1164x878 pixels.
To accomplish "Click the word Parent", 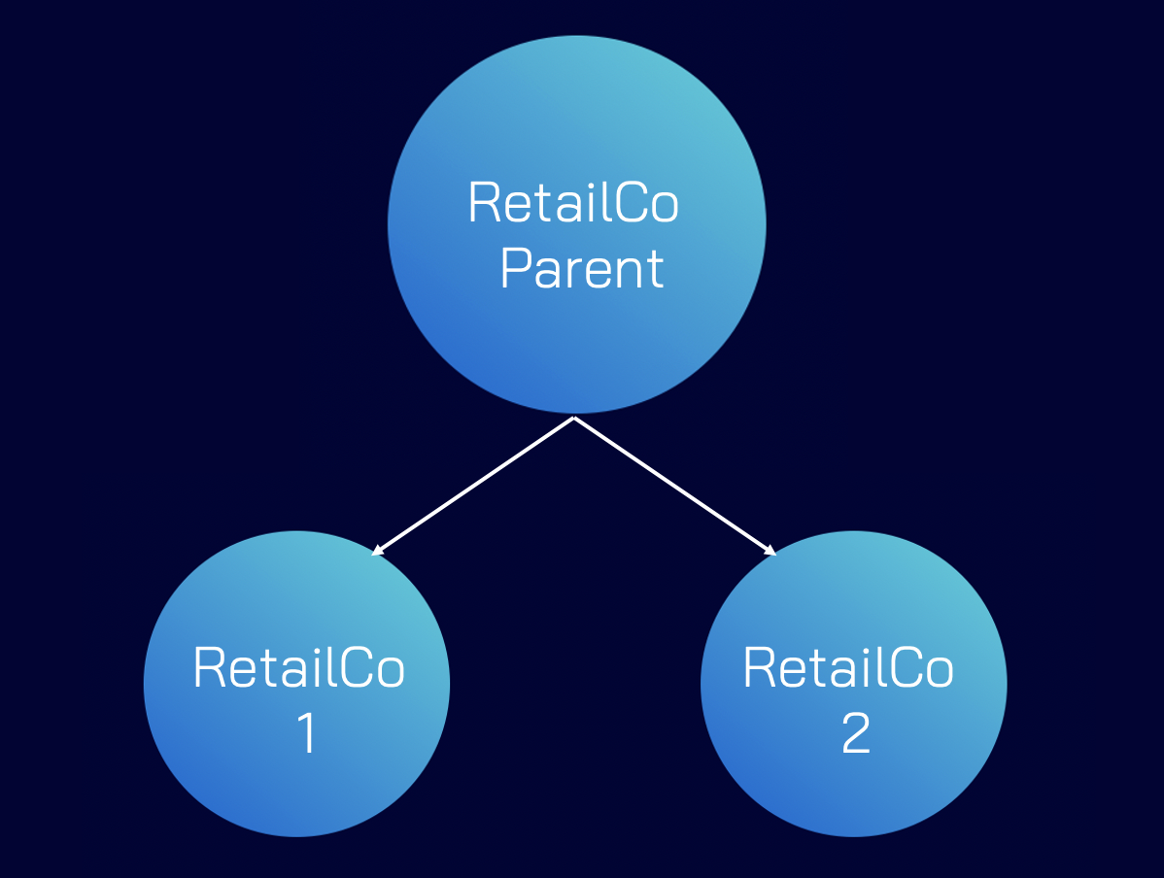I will tap(581, 269).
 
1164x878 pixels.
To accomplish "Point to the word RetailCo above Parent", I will tap(572, 203).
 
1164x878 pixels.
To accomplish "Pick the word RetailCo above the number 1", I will tap(298, 668).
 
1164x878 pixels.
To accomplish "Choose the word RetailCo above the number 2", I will tap(847, 668).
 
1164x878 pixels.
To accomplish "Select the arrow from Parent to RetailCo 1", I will tap(474, 487).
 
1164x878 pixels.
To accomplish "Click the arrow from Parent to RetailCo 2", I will tap(675, 487).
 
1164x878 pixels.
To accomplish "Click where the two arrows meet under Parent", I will tap(575, 419).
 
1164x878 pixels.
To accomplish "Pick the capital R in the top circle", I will tap(484, 203).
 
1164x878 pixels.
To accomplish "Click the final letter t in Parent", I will tap(657, 270).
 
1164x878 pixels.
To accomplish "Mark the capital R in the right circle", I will tap(759, 668).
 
